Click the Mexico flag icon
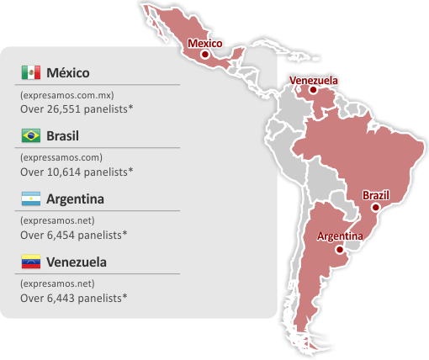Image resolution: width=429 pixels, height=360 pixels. coord(30,71)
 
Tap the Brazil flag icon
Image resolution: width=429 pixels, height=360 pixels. coord(30,135)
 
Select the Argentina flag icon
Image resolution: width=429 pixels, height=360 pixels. coord(30,199)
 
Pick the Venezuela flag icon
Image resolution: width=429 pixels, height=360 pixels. coord(30,262)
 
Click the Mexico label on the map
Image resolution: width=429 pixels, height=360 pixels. coord(204,43)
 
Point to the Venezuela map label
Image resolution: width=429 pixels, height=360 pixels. coord(314,80)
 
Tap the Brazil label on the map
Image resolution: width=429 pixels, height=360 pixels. coord(376,195)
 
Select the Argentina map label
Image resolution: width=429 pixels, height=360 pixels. coord(340,236)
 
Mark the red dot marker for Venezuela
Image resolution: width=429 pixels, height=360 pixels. coord(313,90)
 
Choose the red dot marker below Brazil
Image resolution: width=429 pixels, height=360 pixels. coord(376,207)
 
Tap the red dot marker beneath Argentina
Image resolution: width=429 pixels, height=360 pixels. coord(339,249)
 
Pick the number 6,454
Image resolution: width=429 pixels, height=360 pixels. coord(63,235)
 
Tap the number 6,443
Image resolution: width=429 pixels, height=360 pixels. coord(63,298)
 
